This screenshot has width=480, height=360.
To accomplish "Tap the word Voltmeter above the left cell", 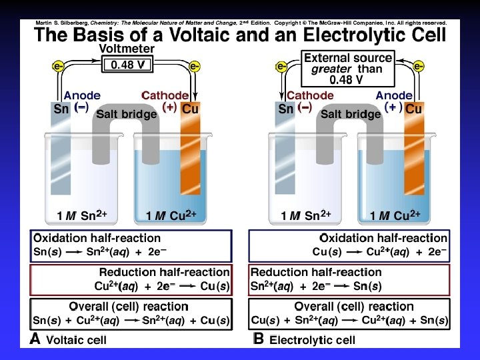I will [x=127, y=49].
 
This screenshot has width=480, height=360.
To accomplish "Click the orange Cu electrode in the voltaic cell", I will [x=190, y=153].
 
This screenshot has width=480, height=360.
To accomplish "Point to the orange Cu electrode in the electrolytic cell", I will [x=413, y=153].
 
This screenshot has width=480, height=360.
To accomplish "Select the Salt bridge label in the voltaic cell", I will [x=126, y=114].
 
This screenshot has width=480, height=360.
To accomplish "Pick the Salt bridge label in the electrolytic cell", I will [x=350, y=114].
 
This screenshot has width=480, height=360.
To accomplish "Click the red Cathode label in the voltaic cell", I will [x=165, y=95].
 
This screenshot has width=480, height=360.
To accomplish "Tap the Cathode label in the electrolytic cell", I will [x=310, y=95].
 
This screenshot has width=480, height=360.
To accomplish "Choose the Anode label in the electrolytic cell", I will [x=394, y=95].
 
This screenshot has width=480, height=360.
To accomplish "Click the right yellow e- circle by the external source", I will [x=419, y=66].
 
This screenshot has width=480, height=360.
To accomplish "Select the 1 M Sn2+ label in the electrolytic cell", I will [x=302, y=215].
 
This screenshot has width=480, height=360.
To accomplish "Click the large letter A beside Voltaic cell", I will [x=36, y=339].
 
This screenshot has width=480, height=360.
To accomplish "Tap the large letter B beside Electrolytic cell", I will [x=259, y=339].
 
